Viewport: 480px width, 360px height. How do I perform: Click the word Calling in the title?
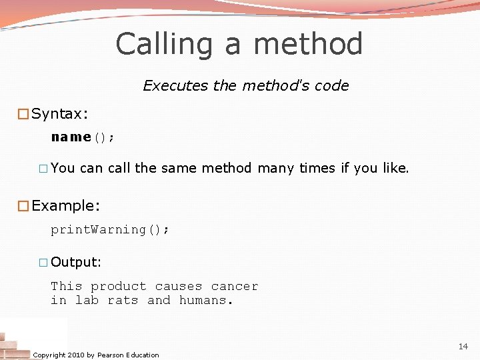click(164, 45)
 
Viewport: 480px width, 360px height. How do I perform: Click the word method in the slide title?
click(308, 45)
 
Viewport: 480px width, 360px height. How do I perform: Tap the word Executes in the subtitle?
click(167, 86)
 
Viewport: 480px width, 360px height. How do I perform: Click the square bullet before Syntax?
click(23, 114)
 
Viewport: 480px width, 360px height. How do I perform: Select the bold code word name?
click(71, 137)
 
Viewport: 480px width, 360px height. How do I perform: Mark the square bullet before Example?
click(23, 205)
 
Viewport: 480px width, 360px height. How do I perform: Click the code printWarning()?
click(110, 229)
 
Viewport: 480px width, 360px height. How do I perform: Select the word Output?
click(75, 262)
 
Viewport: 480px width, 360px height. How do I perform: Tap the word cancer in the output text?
click(234, 287)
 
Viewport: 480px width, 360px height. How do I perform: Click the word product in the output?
click(118, 287)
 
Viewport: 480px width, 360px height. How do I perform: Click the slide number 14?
click(463, 347)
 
